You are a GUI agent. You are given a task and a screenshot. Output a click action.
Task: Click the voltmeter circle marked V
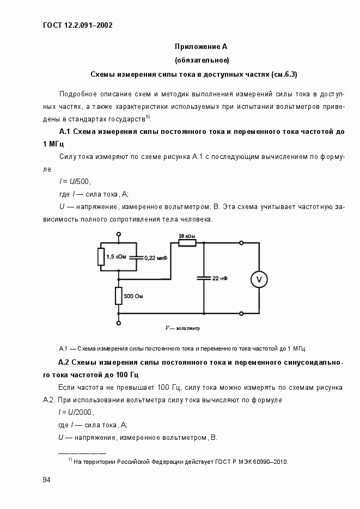259,279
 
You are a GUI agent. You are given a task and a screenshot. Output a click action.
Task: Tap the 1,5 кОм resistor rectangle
101,256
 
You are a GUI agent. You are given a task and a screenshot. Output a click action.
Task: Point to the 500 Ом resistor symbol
119,296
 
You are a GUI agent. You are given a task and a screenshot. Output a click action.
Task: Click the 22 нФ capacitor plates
204,278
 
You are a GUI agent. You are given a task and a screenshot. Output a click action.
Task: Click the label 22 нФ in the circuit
220,278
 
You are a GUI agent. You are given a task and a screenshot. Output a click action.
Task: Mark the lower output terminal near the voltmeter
242,314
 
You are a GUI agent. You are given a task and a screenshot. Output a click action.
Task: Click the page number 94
47,480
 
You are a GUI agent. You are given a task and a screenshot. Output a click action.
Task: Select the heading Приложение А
197,46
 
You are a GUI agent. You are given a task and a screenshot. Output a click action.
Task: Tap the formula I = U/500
75,181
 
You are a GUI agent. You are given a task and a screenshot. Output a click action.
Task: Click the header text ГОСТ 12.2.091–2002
77,24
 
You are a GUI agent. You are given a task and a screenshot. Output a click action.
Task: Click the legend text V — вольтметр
182,329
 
